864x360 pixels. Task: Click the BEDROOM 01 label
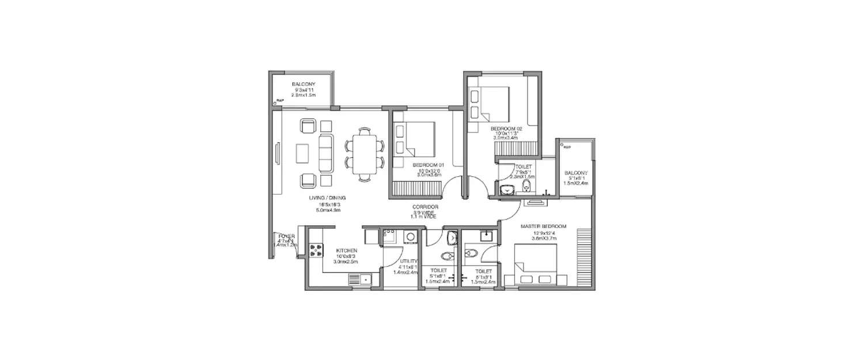point(428,165)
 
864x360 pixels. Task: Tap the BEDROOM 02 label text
point(506,128)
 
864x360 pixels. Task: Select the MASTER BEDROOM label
point(543,226)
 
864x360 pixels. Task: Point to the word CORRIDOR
point(426,206)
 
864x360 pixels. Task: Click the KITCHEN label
point(347,251)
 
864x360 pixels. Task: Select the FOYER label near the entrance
point(286,236)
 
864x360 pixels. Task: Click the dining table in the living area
point(364,154)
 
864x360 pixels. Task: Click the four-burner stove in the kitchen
point(316,249)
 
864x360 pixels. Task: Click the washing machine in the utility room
point(410,236)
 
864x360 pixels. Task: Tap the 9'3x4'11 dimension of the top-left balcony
point(304,90)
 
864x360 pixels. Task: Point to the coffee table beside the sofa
point(303,153)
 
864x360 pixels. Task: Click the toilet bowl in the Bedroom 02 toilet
point(526,185)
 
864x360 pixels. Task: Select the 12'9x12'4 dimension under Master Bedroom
point(543,233)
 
